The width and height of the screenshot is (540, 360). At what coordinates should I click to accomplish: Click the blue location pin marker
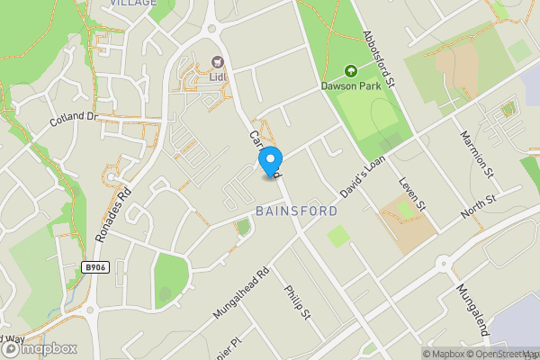(269, 160)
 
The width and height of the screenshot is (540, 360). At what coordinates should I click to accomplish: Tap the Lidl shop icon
(217, 61)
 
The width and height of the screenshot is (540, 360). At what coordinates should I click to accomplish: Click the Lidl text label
(217, 76)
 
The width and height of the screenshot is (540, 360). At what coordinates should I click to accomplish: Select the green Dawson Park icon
(349, 71)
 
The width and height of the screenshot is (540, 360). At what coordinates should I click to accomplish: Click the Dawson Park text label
(349, 86)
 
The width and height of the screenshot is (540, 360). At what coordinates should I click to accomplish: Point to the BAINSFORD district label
(296, 211)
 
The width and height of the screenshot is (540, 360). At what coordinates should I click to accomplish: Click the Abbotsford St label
(379, 58)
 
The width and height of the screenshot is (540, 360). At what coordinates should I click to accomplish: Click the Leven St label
(414, 194)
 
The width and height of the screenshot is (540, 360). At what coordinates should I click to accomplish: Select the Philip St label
(298, 303)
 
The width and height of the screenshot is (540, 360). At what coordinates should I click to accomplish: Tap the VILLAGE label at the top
(133, 4)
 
